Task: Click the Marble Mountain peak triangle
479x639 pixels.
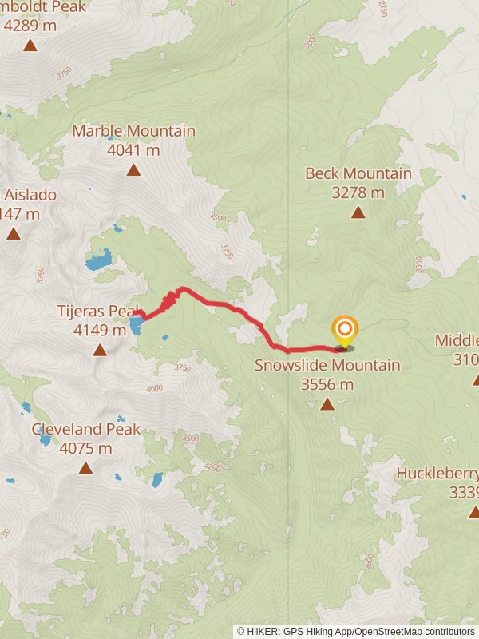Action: coord(133,169)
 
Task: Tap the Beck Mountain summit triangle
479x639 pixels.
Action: coord(358,212)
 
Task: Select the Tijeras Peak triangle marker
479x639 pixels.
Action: coord(100,350)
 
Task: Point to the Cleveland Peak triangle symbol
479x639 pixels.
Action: coord(85,468)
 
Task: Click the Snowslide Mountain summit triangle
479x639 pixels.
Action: coord(327,404)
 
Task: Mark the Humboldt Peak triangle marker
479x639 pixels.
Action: coord(30,45)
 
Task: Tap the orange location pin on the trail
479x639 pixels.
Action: coord(344,331)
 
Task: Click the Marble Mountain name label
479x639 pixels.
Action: coord(133,131)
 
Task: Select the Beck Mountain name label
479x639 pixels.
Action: coord(358,174)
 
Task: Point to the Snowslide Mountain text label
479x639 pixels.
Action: coord(327,366)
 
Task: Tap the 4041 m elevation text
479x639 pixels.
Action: coord(133,149)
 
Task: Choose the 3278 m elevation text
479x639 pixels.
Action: coord(357,192)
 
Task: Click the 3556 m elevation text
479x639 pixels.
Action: coord(327,384)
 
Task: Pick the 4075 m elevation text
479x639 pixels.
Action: coord(85,448)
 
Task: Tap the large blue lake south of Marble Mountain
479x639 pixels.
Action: coord(98,260)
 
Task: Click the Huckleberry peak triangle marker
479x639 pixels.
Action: coord(474,511)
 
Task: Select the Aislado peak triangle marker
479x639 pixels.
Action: coord(14,233)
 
